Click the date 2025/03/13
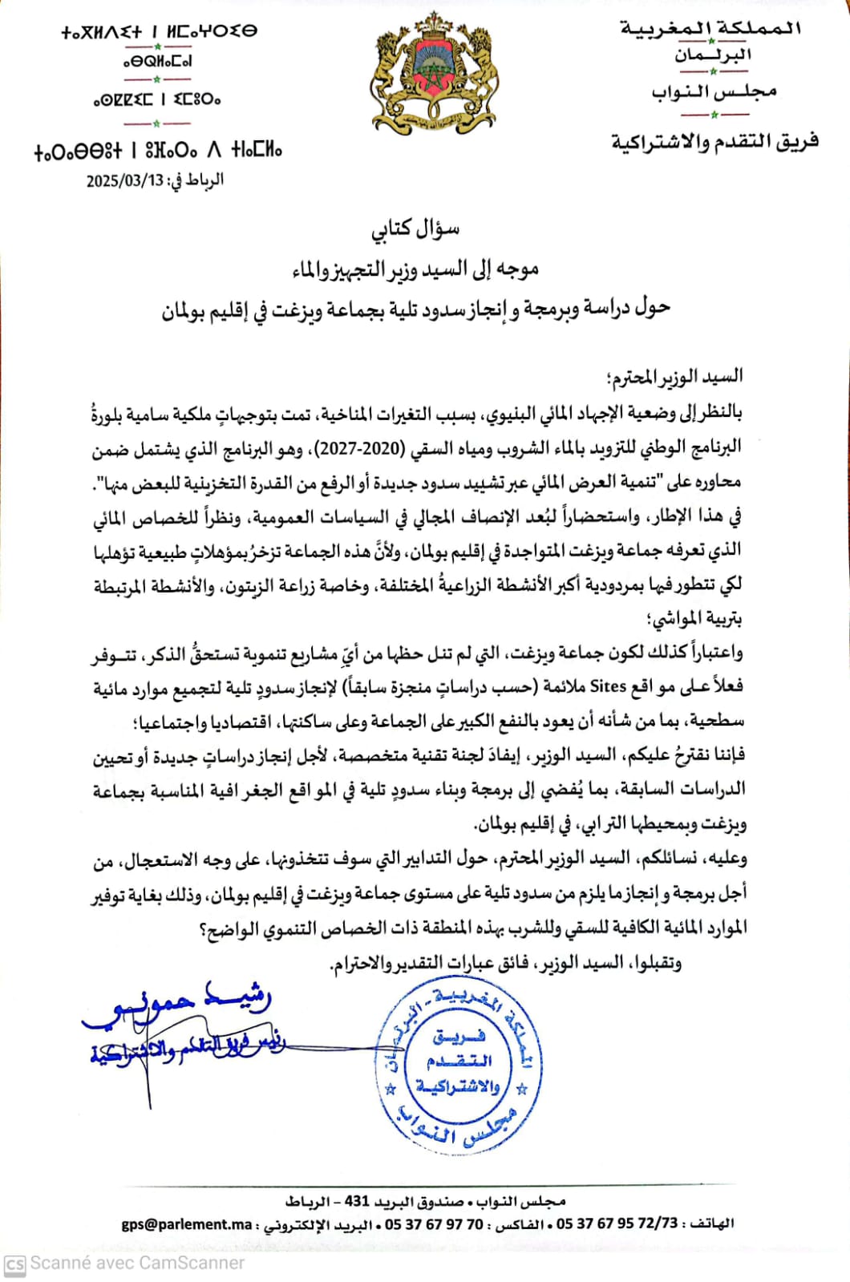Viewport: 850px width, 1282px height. [125, 180]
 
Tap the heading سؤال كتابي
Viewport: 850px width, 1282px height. [415, 229]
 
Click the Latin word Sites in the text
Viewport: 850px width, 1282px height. [607, 686]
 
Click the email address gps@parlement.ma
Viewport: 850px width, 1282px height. [187, 1224]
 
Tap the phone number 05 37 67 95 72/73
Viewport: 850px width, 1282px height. [617, 1223]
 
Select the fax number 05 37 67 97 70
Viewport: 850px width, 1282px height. [434, 1224]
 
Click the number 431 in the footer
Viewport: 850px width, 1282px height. [357, 1201]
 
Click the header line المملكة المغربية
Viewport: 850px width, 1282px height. [710, 29]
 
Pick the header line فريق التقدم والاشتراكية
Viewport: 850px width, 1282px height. [714, 142]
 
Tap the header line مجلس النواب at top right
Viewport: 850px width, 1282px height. [714, 92]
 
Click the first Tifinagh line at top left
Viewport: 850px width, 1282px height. [159, 32]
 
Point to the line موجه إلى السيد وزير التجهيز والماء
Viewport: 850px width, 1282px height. [415, 270]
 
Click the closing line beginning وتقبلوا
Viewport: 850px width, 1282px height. [505, 962]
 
